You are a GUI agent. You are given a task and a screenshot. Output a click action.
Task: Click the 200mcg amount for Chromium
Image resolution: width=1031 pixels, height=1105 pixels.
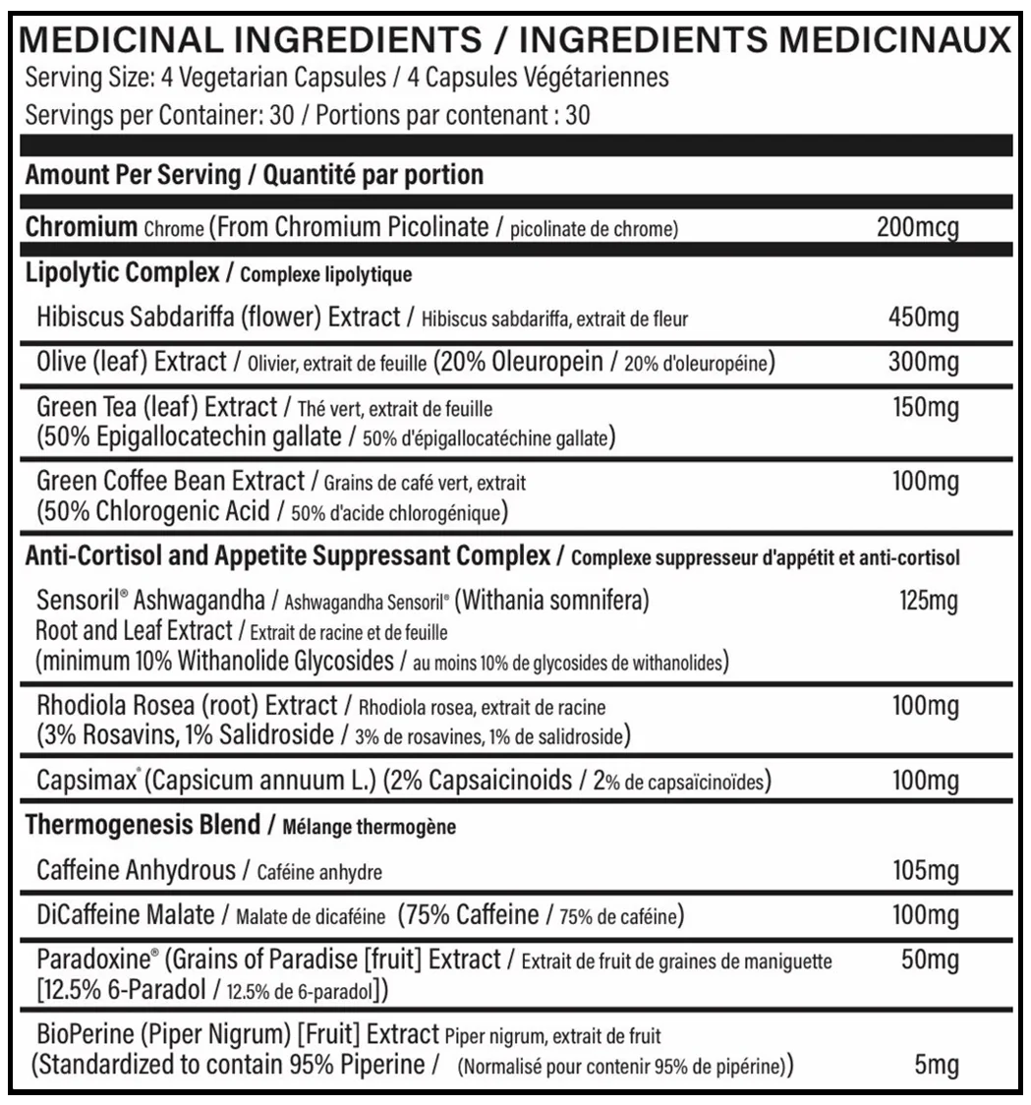point(916,228)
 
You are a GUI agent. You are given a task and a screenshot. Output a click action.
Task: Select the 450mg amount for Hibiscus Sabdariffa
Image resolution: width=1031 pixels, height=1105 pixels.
point(923,318)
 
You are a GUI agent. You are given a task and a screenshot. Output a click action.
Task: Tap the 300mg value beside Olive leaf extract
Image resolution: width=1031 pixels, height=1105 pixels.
point(923,363)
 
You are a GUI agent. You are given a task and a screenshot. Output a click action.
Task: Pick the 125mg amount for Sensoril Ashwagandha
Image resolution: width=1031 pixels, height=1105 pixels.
point(928,600)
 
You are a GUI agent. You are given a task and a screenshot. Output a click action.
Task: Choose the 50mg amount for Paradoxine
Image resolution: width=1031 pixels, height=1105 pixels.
point(930,960)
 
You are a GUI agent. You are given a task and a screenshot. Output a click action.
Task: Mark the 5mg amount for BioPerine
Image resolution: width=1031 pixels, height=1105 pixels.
point(937,1065)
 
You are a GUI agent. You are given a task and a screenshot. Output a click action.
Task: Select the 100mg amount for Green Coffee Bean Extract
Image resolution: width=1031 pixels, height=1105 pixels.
point(923,483)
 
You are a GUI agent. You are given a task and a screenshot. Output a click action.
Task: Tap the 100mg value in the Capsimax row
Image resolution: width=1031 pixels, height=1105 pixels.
point(923,782)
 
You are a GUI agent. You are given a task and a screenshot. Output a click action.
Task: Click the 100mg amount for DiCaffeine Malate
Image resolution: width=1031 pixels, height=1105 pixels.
point(923,915)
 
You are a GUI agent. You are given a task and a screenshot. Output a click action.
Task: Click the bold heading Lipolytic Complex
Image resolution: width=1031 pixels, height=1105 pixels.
point(123,272)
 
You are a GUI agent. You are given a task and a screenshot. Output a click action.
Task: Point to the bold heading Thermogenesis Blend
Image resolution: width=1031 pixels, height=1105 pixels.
point(143,826)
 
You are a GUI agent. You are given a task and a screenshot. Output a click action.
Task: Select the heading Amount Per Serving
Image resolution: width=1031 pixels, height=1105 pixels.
point(132,176)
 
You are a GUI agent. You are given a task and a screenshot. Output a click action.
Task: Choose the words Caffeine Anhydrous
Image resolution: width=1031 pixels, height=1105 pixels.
point(136,870)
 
